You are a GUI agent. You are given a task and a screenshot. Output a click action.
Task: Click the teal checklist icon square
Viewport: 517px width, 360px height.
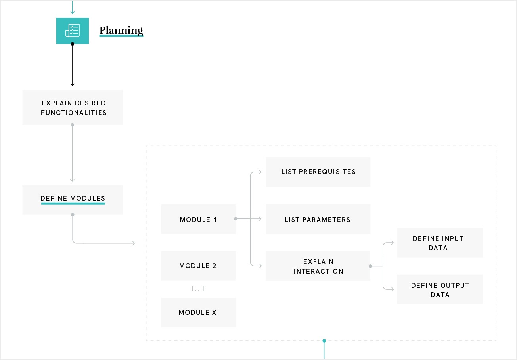coord(73,31)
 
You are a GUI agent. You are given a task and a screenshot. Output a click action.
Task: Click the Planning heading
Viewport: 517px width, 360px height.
coord(121,31)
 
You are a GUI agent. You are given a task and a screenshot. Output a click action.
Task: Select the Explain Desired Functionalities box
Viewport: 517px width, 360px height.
coord(73,107)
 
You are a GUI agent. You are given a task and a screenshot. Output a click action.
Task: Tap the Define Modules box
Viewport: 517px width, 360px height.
coord(73,200)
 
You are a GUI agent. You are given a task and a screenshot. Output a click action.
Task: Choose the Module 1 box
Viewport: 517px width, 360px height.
coord(198,219)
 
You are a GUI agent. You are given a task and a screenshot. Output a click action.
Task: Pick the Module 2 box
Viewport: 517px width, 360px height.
coord(198,266)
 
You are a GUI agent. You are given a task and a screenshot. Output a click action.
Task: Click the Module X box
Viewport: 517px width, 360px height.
coord(198,312)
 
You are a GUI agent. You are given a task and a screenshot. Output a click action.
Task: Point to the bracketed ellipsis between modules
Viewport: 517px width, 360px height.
coord(198,289)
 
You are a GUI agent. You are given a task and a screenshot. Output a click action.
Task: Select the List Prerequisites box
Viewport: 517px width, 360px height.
coord(318,172)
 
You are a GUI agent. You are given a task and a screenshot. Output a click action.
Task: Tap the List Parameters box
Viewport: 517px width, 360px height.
coord(318,219)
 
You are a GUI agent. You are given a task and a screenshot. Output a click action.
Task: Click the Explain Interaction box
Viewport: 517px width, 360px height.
coord(318,266)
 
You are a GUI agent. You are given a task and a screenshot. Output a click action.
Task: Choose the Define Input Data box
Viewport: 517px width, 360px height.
coord(440,243)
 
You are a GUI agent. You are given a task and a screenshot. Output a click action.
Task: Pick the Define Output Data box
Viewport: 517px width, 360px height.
coord(440,289)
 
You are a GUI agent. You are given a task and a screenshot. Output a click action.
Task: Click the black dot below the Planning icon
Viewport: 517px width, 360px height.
coord(73,44)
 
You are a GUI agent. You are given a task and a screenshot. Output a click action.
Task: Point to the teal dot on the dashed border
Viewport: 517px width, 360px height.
coord(324,341)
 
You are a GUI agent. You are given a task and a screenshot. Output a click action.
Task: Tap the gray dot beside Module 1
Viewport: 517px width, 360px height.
coord(236,219)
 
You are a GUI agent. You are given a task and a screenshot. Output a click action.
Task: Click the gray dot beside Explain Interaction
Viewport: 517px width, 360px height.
coord(370,266)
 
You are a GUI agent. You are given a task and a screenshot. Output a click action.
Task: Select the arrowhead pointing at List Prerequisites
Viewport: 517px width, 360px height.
coord(260,172)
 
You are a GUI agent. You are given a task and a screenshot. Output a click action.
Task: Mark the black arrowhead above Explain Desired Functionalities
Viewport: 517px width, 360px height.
coord(73,85)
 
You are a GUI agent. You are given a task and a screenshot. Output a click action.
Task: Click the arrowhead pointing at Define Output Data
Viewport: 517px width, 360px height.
coord(393,289)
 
